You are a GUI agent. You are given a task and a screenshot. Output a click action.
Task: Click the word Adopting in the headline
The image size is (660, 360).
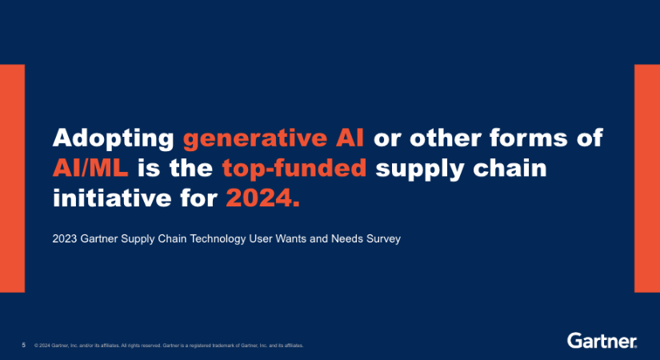[x=114, y=138]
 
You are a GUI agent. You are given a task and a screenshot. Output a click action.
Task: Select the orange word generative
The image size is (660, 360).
[x=254, y=138]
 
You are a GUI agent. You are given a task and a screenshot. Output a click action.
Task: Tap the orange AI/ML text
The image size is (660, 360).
[x=90, y=168]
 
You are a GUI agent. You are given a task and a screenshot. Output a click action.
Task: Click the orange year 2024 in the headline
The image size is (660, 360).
[x=262, y=198]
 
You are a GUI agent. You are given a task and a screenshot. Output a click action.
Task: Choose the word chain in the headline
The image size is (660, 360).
[x=510, y=168]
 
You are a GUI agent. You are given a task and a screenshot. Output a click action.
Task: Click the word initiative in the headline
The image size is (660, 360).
[x=111, y=198]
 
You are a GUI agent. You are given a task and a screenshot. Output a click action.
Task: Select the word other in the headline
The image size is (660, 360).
[x=446, y=138]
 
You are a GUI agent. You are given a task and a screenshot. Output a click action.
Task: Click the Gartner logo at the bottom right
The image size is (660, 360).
[x=602, y=341]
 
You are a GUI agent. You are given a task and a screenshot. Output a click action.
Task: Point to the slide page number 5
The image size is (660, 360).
[x=23, y=346]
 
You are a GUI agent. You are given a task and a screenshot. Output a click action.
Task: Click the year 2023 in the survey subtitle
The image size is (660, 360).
[x=65, y=238]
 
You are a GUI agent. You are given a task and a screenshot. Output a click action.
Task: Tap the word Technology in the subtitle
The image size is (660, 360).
[x=218, y=239]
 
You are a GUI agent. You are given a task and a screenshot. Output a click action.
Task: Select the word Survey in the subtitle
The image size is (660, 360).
[x=383, y=239]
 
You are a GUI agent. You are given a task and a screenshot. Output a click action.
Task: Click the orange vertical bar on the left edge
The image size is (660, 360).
[x=12, y=178]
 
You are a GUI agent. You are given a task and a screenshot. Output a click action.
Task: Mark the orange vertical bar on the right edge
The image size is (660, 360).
[x=647, y=178]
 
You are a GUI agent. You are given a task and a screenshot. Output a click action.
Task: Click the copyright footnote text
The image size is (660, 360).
[x=169, y=346]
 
